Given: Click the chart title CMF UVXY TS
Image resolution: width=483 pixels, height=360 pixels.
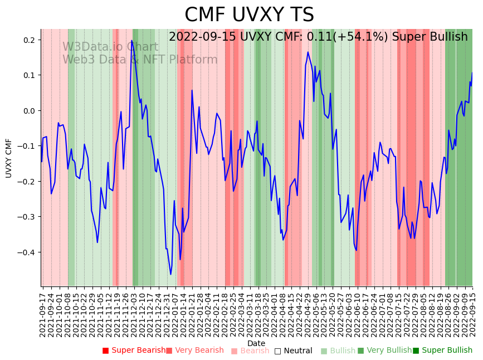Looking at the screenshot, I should [x=249, y=15].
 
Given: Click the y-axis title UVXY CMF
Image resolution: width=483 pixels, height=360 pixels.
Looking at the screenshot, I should [x=9, y=158].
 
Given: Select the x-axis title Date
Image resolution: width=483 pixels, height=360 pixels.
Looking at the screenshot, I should [x=256, y=343].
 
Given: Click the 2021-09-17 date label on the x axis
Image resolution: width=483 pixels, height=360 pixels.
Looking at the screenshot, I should [x=43, y=313].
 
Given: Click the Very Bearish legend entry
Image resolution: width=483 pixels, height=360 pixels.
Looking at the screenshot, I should [x=194, y=351].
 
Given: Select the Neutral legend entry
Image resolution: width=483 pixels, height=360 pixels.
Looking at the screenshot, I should [x=293, y=351].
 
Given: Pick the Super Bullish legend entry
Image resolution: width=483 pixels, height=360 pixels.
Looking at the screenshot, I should [x=442, y=351].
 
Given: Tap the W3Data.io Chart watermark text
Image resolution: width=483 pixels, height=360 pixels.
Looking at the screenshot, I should [x=110, y=47].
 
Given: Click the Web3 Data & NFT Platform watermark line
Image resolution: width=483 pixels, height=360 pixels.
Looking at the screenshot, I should [x=140, y=60].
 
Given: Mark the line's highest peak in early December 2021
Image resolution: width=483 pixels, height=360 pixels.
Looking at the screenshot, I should [x=132, y=40].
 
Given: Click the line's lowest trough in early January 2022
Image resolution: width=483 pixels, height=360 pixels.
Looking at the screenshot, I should [x=170, y=274].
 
